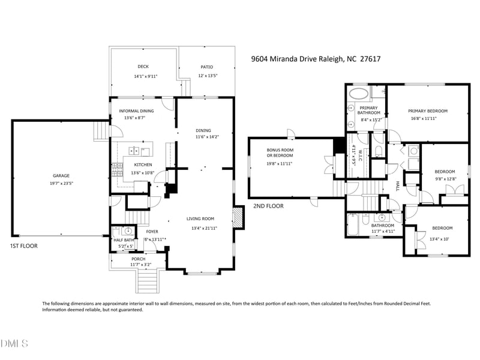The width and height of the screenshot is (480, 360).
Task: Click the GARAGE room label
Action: tap(60, 176)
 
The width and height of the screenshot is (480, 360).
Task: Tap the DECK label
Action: tap(143, 67)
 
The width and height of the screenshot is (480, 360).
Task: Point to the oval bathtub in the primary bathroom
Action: tap(359, 94)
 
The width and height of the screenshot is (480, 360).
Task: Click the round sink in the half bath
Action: tap(127, 231)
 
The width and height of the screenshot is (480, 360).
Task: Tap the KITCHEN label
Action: tap(143, 164)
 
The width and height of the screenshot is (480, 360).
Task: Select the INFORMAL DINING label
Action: tap(136, 111)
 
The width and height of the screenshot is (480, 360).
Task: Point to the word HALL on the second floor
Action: tap(397, 187)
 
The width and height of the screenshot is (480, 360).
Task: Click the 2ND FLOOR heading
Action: tap(268, 206)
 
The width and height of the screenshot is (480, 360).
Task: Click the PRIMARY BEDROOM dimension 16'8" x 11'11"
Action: tap(428, 119)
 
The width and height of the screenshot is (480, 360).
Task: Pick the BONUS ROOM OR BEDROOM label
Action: tap(280, 152)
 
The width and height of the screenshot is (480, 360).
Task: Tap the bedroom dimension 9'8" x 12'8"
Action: tap(445, 179)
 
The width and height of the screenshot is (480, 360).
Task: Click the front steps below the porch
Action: tap(146, 279)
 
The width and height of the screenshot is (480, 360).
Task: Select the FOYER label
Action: tap(152, 231)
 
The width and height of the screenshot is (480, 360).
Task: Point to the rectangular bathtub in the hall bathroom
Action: tap(353, 226)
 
